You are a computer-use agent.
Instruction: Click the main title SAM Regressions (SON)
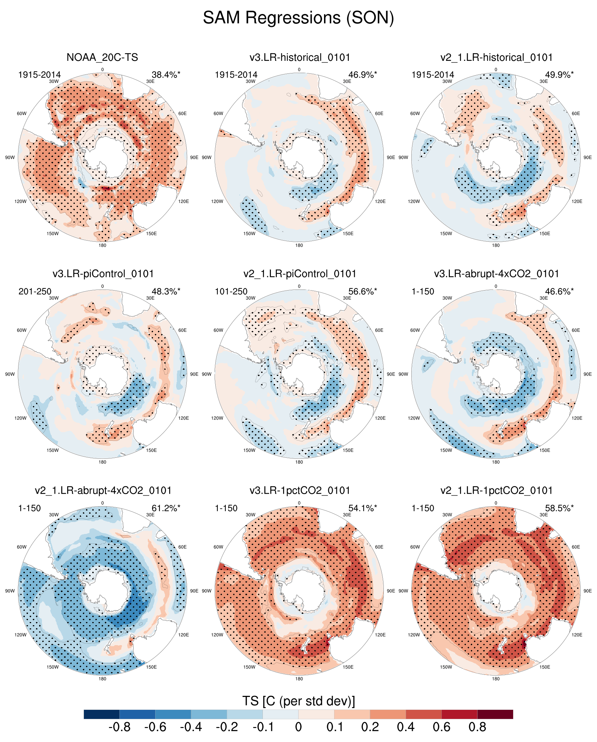pos(298,17)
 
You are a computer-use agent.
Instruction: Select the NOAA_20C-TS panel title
pos(102,57)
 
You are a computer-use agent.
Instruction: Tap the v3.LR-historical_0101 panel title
pos(300,57)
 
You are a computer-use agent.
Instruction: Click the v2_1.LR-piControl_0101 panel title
pos(300,274)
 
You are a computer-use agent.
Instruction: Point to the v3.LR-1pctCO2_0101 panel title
pos(300,491)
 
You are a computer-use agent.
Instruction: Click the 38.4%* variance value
pos(166,75)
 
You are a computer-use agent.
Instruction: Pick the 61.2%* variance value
pos(166,508)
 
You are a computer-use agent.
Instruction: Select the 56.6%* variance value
pos(362,292)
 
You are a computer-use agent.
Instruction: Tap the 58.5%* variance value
pos(559,508)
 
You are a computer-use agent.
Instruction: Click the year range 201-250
pos(35,292)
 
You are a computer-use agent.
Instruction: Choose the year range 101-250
pos(231,292)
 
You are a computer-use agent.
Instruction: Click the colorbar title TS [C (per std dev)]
pos(298,701)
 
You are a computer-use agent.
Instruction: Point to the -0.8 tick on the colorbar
pos(120,727)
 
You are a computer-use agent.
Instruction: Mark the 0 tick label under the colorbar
pos(298,727)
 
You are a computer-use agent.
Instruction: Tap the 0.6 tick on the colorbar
pos(441,727)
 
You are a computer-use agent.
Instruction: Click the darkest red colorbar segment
pos(495,714)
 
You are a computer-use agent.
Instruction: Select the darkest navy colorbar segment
pos(102,714)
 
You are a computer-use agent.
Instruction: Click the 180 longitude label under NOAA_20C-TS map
pos(102,245)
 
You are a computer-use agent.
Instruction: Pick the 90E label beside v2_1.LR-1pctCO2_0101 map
pos(588,591)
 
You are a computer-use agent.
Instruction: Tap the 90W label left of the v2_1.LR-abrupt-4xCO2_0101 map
pos(10,591)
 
